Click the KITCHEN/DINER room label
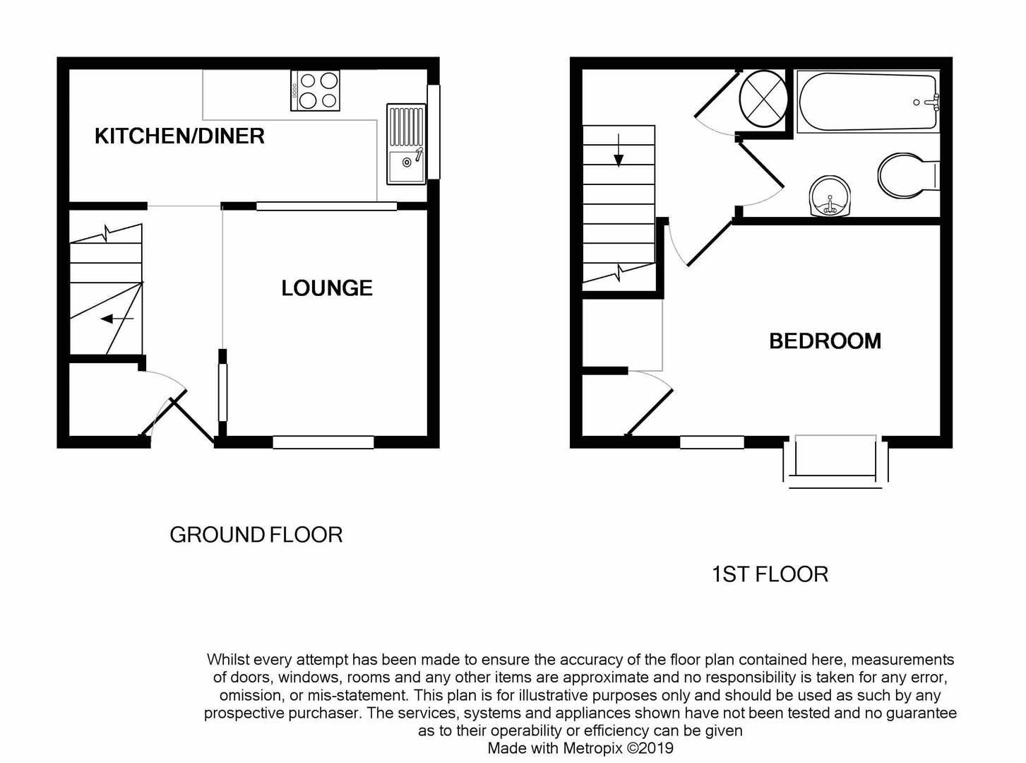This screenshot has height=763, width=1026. [x=179, y=136]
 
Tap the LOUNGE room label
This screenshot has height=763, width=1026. [x=326, y=288]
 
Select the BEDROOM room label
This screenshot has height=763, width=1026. [x=825, y=341]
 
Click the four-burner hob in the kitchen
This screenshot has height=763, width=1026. [x=316, y=90]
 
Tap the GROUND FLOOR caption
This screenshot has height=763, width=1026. [x=256, y=535]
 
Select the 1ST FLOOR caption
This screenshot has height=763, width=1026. [x=770, y=574]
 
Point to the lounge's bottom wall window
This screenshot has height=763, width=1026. [x=323, y=442]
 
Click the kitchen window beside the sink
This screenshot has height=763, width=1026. [x=434, y=131]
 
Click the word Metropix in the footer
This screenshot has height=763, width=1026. [x=593, y=747]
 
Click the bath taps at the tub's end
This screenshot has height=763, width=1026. [x=933, y=102]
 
